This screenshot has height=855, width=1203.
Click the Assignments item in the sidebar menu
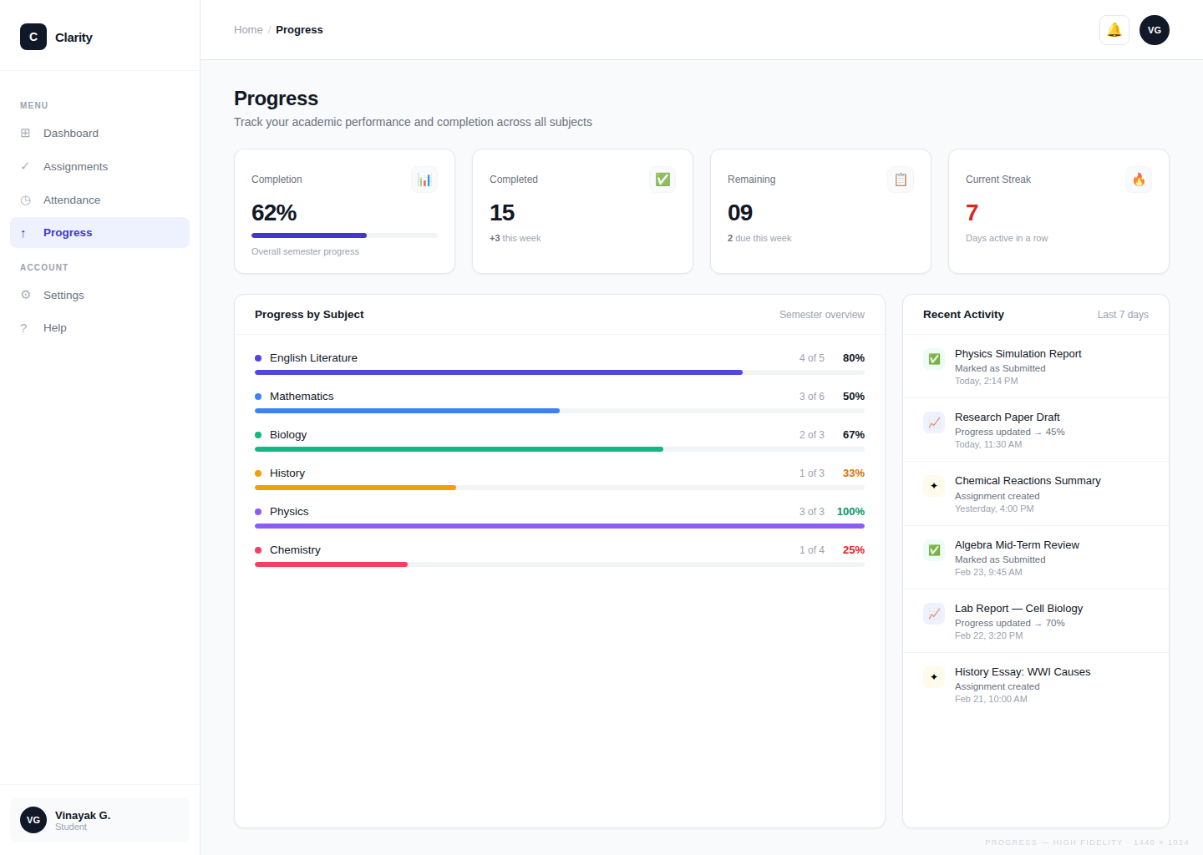[75, 167]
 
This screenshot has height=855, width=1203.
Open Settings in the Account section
[63, 296]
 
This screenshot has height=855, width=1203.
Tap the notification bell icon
[1114, 30]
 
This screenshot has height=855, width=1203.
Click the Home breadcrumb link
[248, 30]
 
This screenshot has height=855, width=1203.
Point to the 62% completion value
[274, 213]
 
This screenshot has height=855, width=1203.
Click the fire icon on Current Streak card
[1138, 180]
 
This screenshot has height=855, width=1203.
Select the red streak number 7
[972, 213]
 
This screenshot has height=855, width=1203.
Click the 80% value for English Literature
[853, 358]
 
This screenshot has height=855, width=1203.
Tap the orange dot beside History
[258, 473]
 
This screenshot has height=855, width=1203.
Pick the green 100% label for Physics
[850, 512]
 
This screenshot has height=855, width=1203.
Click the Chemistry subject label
[295, 550]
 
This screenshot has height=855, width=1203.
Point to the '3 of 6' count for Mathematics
[811, 397]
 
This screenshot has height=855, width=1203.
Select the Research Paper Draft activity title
[1007, 417]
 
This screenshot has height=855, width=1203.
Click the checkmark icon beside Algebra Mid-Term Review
[934, 550]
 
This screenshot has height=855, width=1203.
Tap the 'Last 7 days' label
[1122, 315]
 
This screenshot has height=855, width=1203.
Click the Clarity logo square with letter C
[33, 37]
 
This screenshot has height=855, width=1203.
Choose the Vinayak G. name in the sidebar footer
[83, 816]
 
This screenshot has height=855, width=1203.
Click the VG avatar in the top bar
[1154, 30]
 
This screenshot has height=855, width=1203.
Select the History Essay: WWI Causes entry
[1022, 672]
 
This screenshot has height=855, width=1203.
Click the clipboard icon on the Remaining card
[900, 180]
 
